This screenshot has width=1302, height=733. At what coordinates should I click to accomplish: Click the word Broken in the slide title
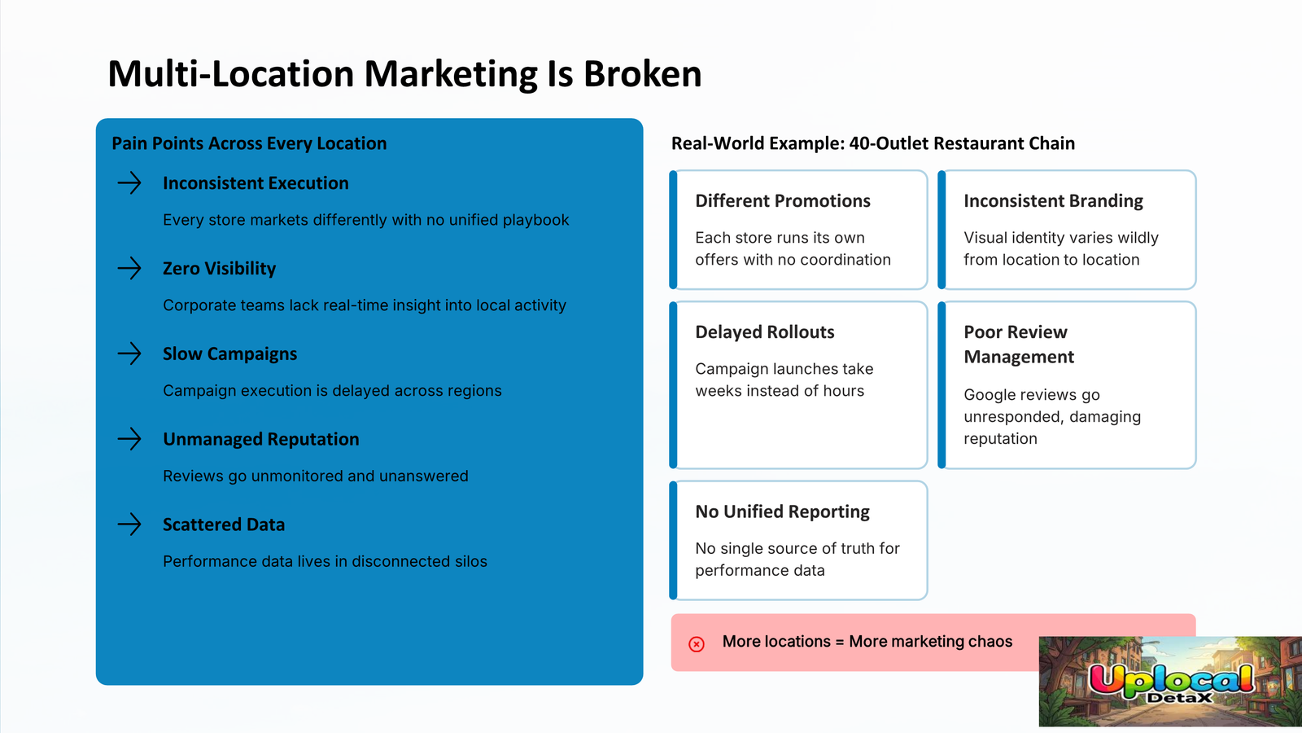point(642,74)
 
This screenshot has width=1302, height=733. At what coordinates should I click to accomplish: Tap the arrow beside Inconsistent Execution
point(129,182)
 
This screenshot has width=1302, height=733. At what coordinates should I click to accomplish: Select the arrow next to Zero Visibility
point(129,268)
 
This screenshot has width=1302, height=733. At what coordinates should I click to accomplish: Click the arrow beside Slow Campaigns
point(129,353)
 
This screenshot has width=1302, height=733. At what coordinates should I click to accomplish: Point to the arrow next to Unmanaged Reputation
point(129,439)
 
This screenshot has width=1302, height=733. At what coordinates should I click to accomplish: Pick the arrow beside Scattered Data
point(129,525)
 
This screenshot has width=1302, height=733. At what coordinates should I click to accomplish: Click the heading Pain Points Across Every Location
point(249,143)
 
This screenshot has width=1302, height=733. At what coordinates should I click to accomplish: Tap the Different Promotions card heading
point(782,200)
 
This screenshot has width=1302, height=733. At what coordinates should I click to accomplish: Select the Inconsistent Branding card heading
point(1053,200)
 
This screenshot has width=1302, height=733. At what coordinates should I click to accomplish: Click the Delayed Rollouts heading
point(764,331)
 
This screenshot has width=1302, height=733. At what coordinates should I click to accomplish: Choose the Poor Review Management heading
point(1019,344)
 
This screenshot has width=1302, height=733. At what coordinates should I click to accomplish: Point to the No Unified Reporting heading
point(782,511)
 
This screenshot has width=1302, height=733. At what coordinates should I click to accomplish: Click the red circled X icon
point(697,644)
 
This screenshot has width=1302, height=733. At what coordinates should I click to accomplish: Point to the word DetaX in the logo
point(1180,697)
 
